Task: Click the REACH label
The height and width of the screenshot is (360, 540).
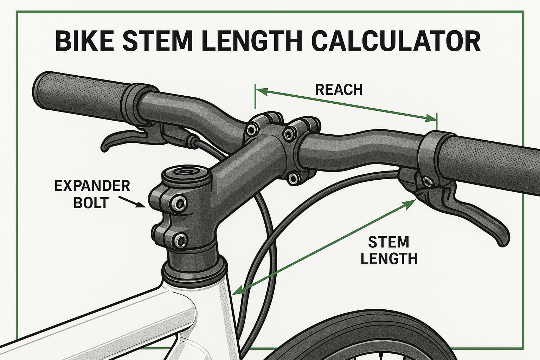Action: [339, 90]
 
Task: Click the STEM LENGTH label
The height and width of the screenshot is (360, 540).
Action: [389, 250]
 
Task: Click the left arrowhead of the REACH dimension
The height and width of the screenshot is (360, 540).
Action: [260, 91]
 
